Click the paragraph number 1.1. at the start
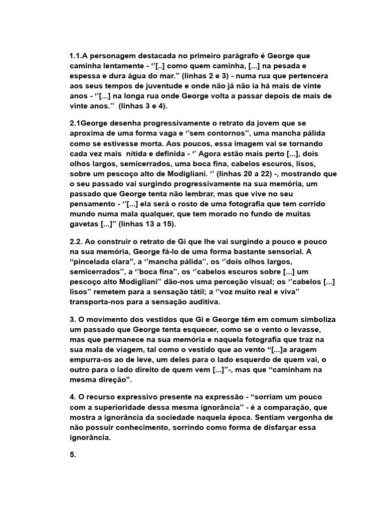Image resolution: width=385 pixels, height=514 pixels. [76, 56]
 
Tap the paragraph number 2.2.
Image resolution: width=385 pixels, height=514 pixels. [79, 241]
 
